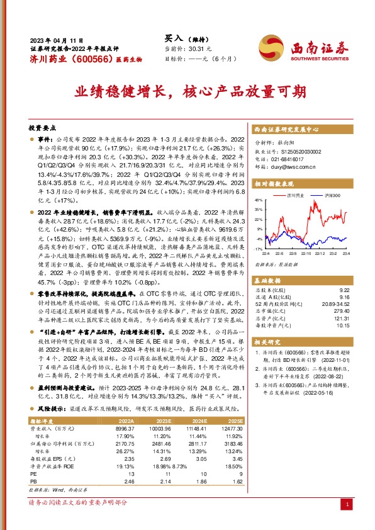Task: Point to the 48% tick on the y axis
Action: click(x=259, y=198)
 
